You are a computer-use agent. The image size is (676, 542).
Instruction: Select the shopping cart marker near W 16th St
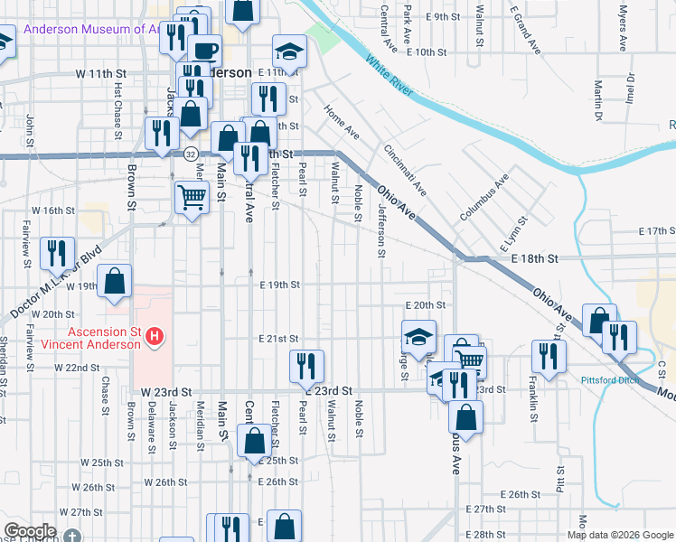click(192, 196)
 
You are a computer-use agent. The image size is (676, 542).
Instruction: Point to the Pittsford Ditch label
click(610, 380)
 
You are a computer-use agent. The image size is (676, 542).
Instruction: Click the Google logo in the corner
click(29, 531)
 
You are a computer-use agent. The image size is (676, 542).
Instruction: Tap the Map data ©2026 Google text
click(620, 535)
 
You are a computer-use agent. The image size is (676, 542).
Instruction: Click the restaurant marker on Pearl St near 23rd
click(306, 365)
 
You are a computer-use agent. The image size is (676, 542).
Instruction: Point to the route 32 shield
click(191, 154)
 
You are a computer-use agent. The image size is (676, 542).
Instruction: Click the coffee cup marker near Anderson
click(203, 50)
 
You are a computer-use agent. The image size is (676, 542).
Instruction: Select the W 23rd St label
click(168, 392)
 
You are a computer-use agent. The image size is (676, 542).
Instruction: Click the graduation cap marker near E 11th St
click(290, 51)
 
